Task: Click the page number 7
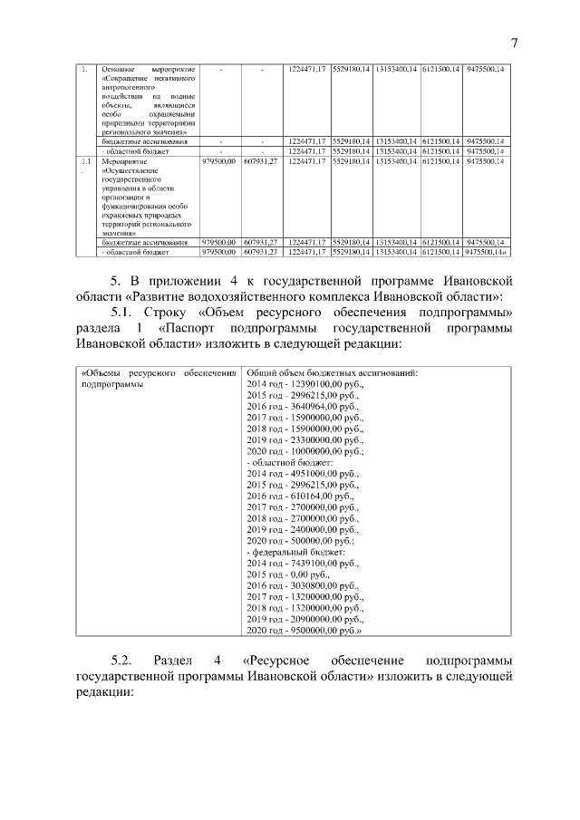click(513, 43)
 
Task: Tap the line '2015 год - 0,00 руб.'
click(289, 574)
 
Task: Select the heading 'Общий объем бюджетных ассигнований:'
click(332, 372)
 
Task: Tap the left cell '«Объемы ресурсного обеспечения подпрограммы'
click(159, 378)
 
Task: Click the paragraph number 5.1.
click(123, 313)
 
